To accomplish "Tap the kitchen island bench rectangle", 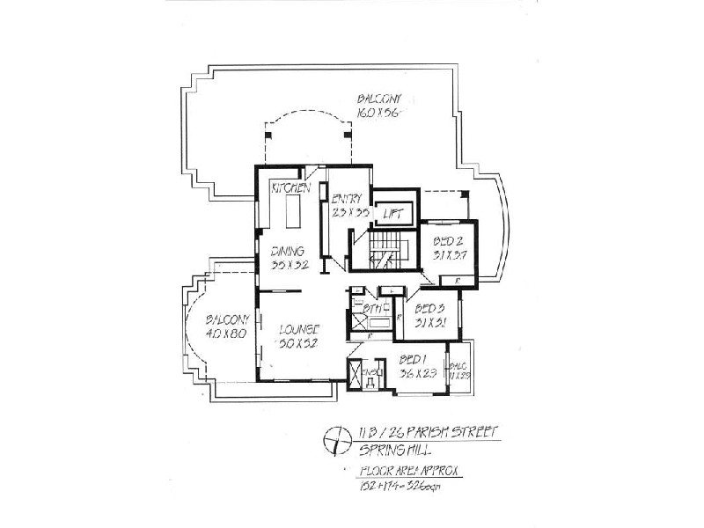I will click(292, 212).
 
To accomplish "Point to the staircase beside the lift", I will click(385, 248).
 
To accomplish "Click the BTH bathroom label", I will click(373, 309).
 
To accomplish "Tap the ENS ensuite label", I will click(371, 372).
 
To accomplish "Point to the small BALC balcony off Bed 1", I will click(458, 370).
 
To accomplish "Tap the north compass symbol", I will click(334, 437).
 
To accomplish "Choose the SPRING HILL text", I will click(387, 450).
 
